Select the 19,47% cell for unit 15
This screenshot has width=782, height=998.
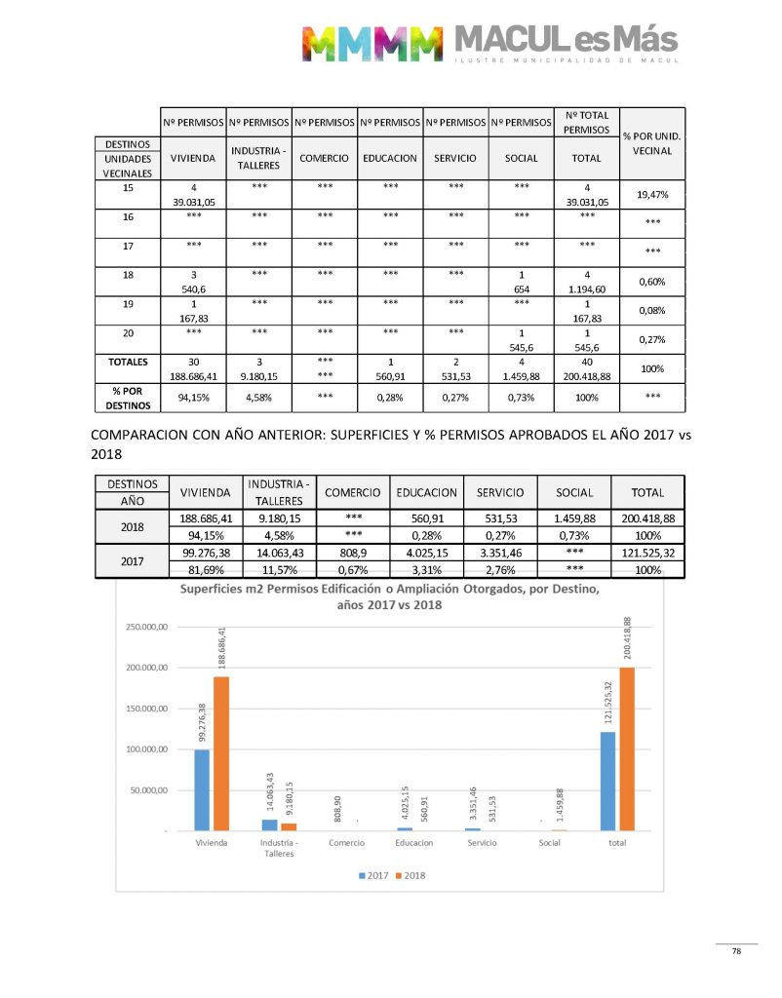pos(650,195)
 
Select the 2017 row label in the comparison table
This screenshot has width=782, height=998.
pos(132,561)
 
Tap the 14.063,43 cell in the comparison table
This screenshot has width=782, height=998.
pos(279,553)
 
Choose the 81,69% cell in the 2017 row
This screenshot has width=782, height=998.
pos(206,570)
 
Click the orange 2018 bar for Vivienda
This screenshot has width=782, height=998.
pos(221,753)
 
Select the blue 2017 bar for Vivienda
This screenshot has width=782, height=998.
pos(202,789)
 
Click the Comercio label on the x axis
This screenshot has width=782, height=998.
pos(346,843)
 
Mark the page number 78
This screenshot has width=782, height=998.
pos(737,951)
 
